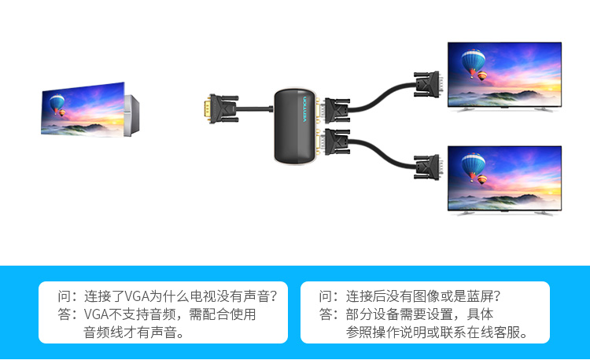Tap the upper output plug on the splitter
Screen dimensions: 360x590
tap(334, 108)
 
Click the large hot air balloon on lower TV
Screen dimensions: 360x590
tap(473, 164)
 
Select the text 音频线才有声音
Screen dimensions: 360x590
tap(133, 332)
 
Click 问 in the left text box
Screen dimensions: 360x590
tap(65, 296)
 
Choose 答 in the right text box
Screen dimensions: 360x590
tap(326, 314)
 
